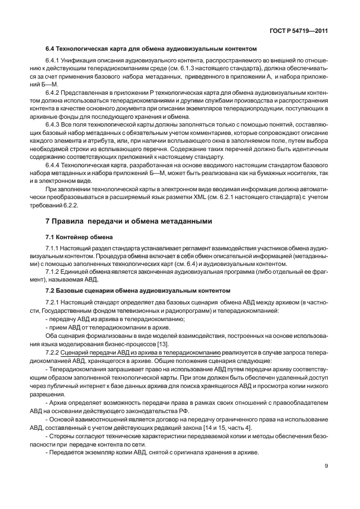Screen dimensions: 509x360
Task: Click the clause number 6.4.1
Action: coord(53,60)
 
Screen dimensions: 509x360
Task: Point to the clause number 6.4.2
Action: coord(53,91)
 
